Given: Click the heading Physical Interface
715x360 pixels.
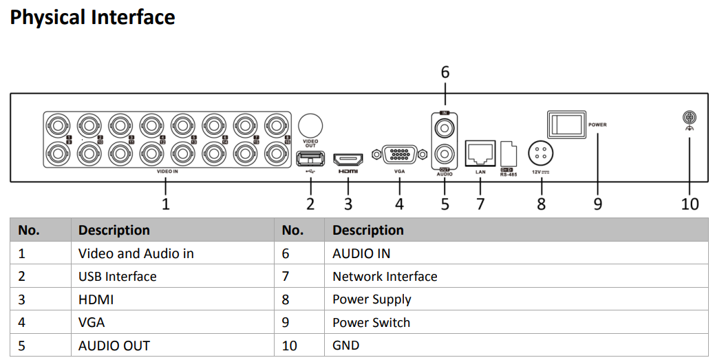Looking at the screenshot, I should tap(92, 17).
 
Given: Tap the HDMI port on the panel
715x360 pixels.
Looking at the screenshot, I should tap(348, 159).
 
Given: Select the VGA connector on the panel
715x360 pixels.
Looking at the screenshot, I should tap(399, 154).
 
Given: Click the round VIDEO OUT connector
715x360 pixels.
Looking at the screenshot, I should tap(310, 126).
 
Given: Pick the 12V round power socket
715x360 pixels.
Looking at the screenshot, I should tap(541, 152).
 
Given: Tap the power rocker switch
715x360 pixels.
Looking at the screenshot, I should tap(566, 125).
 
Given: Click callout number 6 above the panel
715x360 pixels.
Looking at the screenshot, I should tap(445, 72).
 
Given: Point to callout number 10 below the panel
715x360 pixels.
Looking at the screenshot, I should tap(690, 204).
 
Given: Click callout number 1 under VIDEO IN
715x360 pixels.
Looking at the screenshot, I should tap(165, 204).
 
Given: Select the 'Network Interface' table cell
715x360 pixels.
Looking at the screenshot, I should tap(385, 277).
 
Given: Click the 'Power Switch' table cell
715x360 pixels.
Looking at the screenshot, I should tap(371, 322).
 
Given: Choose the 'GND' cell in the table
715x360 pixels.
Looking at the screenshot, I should tap(345, 345).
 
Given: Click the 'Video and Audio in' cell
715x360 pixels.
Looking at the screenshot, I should tap(136, 253).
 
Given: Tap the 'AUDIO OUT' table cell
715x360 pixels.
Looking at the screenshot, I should tap(114, 345).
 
